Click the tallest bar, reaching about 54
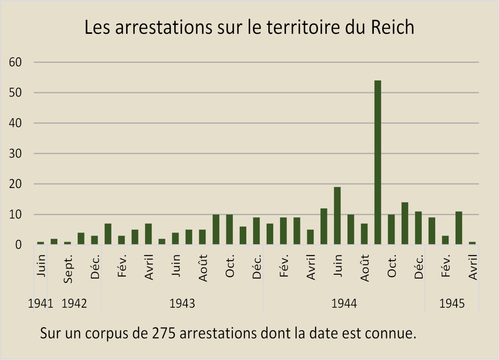coord(377,162)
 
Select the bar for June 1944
coord(337,216)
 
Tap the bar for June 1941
coord(41,243)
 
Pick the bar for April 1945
coord(472,243)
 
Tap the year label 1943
coord(182,304)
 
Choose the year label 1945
coord(452,304)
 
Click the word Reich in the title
coord(393,28)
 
